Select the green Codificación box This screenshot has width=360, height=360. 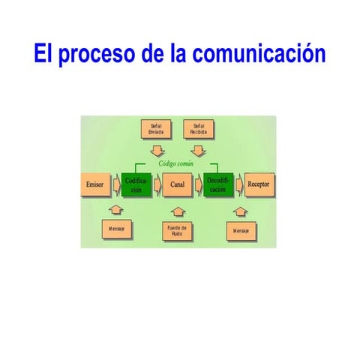(136, 184)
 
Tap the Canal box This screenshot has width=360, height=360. (178, 184)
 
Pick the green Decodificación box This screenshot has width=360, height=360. (218, 184)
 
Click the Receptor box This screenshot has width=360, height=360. (259, 184)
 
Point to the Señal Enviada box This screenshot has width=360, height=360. (157, 128)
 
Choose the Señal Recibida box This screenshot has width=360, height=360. (199, 128)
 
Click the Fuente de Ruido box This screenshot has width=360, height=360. (178, 230)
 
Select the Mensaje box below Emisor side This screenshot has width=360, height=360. (116, 228)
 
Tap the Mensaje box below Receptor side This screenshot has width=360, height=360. (241, 229)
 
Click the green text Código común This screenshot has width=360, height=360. (177, 163)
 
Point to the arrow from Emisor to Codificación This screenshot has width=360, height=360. (116, 184)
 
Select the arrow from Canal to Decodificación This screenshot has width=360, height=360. (199, 184)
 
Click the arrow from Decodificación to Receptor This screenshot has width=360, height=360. (239, 184)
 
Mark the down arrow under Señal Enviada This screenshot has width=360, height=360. (157, 149)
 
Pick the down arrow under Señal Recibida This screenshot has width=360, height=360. (198, 149)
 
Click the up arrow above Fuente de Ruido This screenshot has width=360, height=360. (178, 211)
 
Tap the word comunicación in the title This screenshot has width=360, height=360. (259, 55)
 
